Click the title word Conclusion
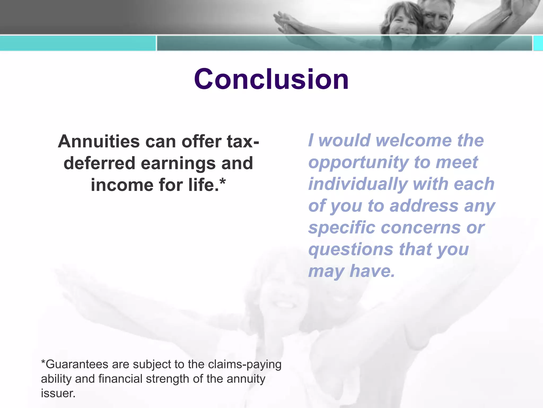271,79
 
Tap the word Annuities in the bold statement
99,141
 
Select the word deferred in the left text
99,163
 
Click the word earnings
178,164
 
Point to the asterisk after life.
223,182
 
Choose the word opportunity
358,163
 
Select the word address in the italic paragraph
424,206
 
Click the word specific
342,228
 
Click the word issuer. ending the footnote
58,393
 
